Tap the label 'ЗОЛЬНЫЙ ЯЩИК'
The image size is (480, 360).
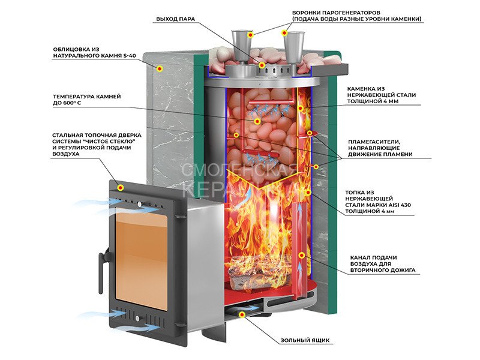[305, 341]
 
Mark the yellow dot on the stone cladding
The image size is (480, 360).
[160, 70]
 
